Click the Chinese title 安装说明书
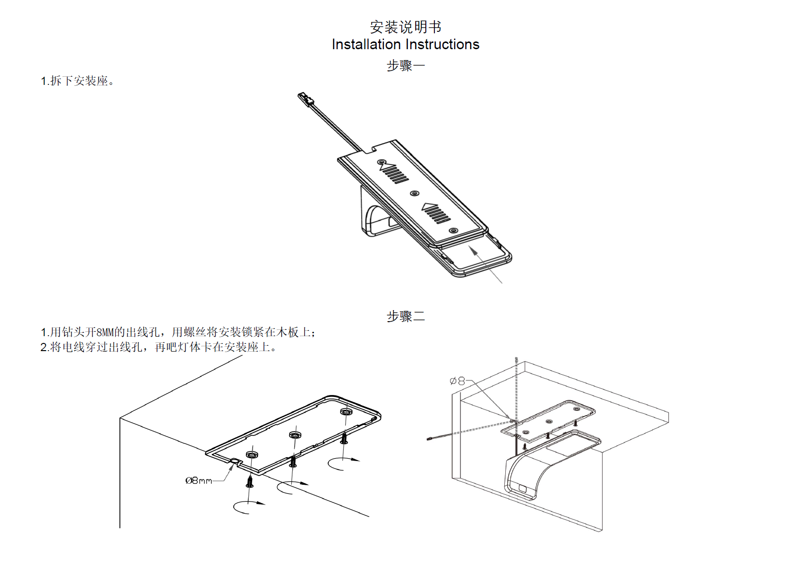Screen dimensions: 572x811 pos(405,27)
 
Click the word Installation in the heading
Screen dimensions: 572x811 pos(366,44)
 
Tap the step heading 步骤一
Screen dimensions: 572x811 pos(405,66)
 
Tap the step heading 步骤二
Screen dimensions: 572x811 pos(405,316)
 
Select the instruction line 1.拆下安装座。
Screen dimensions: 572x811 pos(77,81)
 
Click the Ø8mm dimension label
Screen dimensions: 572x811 pos(199,481)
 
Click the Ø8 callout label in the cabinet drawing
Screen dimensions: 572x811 pos(457,381)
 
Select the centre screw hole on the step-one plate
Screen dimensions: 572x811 pos(414,193)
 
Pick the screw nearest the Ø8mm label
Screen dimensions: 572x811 pos(250,481)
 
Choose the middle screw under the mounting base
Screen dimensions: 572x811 pos(293,462)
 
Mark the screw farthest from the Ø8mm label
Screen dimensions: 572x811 pos(344,438)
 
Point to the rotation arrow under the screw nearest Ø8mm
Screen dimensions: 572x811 pos(249,506)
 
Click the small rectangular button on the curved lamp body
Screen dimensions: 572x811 pos(522,488)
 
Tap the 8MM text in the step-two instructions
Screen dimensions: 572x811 pos(105,332)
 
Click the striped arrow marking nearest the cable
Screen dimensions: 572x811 pos(394,173)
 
